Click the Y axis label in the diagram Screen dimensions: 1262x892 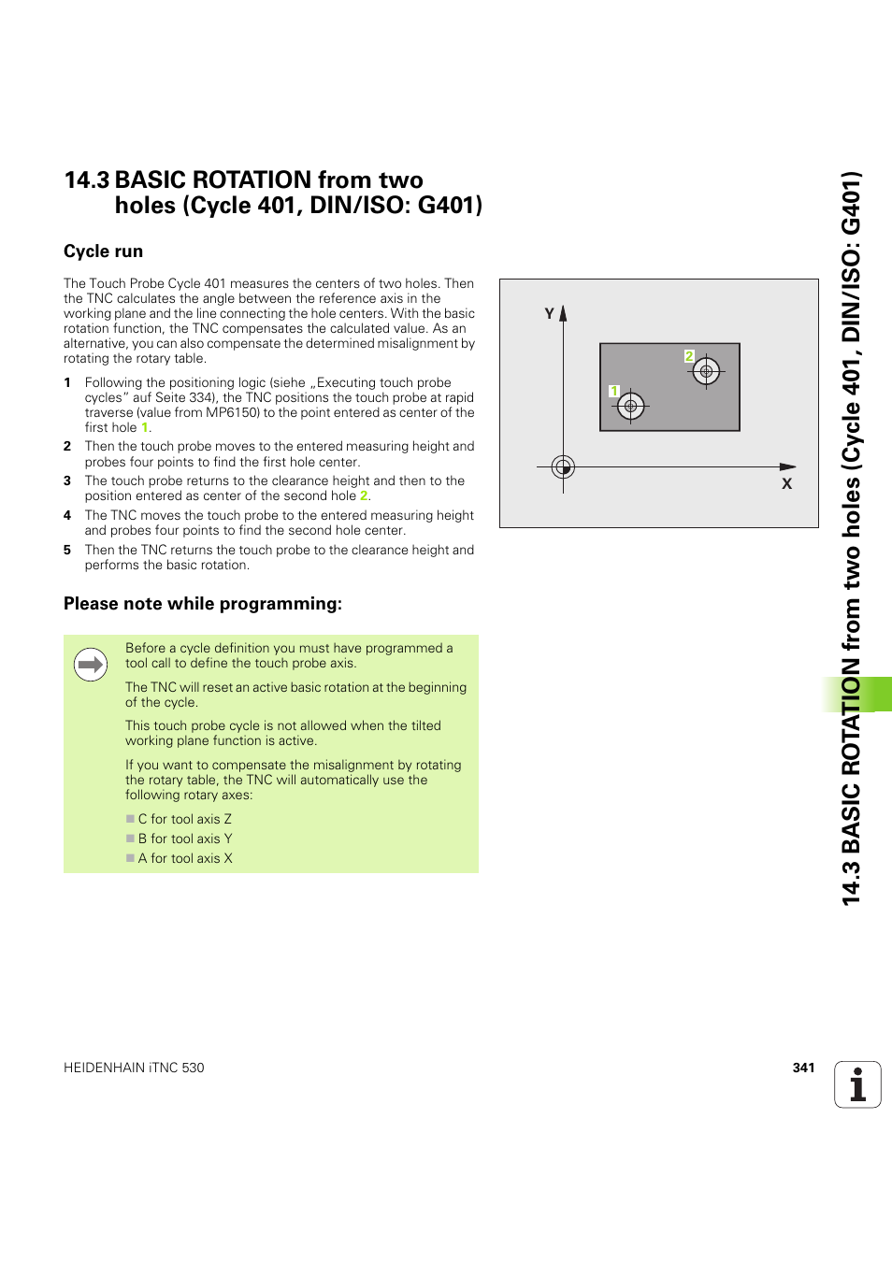click(549, 314)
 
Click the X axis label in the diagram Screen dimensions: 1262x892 click(786, 483)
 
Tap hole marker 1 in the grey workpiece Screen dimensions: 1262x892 click(631, 406)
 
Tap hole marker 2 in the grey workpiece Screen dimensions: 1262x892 click(706, 371)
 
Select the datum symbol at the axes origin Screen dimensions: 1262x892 click(563, 466)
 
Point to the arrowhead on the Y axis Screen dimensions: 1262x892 click(563, 313)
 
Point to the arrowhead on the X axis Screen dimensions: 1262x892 click(788, 466)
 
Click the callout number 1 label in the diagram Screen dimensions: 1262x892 click(614, 391)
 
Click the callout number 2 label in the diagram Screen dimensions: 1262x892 click(689, 356)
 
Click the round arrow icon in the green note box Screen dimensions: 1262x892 click(91, 665)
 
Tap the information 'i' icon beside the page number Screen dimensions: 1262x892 click(857, 1084)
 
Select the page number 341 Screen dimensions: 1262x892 click(803, 1068)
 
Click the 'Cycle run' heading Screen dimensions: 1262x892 click(103, 251)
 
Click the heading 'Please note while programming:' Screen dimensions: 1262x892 click(203, 604)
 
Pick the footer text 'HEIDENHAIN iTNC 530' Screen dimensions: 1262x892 click(134, 1068)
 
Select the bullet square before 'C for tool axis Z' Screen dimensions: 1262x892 click(131, 819)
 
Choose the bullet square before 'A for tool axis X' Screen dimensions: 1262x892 click(131, 858)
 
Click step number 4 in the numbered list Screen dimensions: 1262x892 click(67, 515)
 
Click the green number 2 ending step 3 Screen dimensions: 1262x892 click(364, 496)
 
